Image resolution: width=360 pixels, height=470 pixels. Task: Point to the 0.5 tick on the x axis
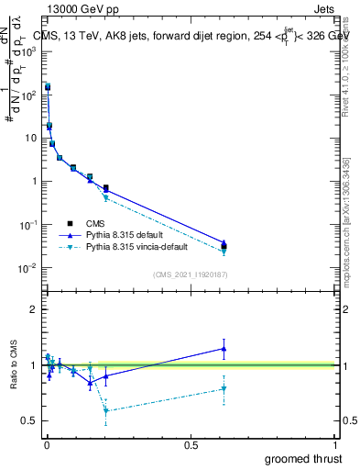click(191, 444)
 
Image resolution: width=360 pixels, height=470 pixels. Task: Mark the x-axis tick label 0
click(46, 444)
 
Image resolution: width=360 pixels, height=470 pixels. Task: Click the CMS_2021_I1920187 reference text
click(190, 274)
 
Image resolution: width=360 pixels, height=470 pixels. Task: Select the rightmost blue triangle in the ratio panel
click(224, 348)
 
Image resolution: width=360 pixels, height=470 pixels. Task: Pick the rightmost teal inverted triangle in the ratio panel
click(224, 389)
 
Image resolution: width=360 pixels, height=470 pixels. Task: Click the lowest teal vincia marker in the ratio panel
click(105, 410)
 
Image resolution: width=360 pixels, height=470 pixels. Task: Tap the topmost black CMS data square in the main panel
click(48, 86)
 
